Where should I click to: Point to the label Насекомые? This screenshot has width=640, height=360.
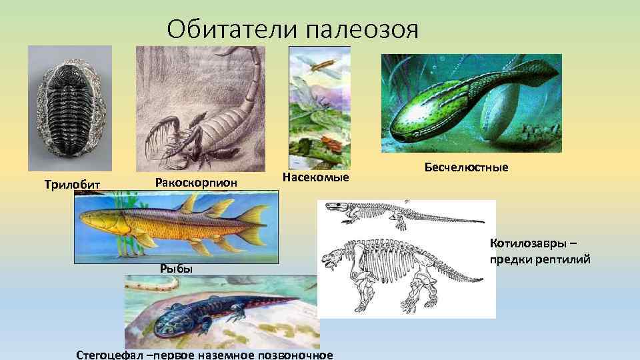coord(316,177)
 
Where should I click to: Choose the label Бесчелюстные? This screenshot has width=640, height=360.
coord(466,167)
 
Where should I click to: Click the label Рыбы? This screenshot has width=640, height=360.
coord(176,268)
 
